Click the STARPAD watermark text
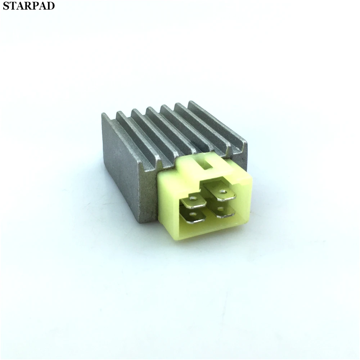29,6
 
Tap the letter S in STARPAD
6,6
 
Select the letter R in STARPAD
29,6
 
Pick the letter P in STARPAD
37,6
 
